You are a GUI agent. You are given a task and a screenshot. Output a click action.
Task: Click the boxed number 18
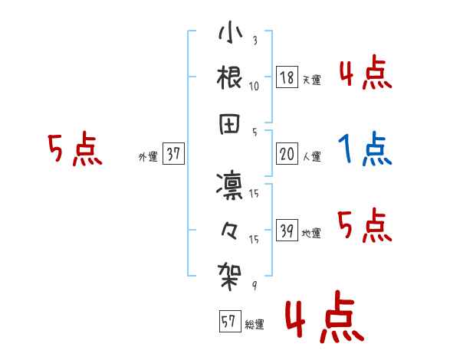click(x=287, y=77)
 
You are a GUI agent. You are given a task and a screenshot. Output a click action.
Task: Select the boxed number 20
click(x=287, y=155)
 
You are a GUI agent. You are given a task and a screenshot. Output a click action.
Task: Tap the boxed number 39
click(x=287, y=231)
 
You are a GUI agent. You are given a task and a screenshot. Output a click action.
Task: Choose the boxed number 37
click(x=174, y=155)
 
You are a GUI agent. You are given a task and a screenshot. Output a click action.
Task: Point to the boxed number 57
click(x=228, y=322)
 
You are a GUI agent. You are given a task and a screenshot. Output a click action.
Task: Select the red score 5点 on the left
click(x=74, y=149)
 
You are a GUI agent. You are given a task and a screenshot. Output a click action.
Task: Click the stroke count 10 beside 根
click(x=254, y=86)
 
